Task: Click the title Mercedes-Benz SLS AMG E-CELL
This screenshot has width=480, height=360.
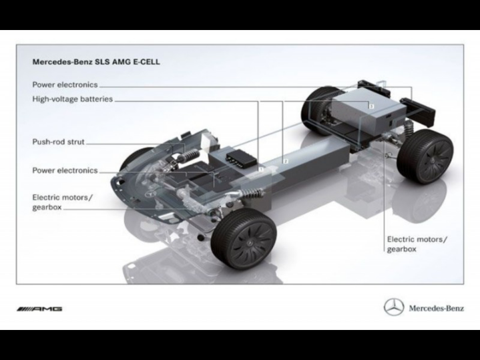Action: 96,62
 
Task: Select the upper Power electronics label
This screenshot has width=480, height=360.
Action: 65,85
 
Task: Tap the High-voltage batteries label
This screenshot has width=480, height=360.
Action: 73,99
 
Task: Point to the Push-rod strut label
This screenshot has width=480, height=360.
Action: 58,142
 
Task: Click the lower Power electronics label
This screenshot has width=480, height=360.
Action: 65,170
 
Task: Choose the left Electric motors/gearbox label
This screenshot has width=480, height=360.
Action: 62,202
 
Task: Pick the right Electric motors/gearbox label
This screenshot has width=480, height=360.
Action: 417,244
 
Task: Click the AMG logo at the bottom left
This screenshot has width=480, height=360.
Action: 39,309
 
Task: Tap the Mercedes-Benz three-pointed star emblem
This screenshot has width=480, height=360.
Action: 394,307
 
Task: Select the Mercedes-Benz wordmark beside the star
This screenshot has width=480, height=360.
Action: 436,308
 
